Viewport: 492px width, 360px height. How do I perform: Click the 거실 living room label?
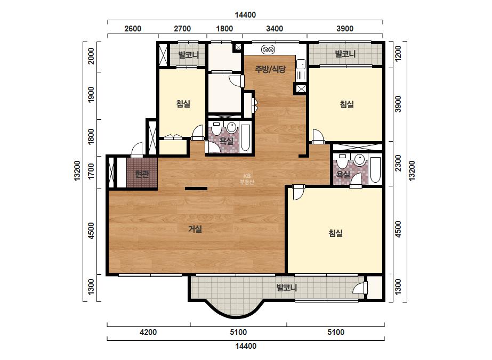(x=195, y=229)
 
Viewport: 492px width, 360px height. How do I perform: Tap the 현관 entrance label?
(x=142, y=174)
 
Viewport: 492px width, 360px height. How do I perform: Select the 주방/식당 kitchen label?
(x=270, y=69)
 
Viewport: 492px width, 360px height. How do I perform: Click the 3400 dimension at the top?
(x=275, y=29)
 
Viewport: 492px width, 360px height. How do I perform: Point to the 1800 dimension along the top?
(x=224, y=29)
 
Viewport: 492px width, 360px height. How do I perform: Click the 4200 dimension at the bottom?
(x=148, y=332)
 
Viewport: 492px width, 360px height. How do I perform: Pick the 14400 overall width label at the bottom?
(x=246, y=346)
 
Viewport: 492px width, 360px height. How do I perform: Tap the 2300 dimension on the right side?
(x=398, y=163)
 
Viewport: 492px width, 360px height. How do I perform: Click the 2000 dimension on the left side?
(x=91, y=56)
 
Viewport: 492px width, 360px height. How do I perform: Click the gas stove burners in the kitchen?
(x=268, y=49)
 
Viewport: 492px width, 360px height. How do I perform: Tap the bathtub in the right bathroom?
(x=375, y=170)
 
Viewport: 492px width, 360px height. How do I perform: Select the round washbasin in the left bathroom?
(x=231, y=127)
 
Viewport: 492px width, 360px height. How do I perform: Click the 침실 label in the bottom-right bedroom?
(x=336, y=233)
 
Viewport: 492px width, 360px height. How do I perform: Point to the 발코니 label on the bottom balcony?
(x=286, y=288)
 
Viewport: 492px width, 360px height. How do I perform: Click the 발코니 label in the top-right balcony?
(x=345, y=54)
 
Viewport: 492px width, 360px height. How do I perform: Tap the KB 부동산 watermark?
(x=247, y=179)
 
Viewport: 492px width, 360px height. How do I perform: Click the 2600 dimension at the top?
(x=133, y=29)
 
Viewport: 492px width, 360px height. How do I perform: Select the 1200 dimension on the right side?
(x=398, y=53)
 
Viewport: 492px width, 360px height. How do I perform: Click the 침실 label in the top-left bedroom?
(x=183, y=103)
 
